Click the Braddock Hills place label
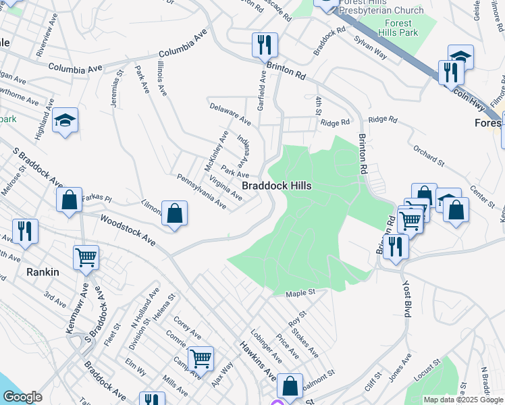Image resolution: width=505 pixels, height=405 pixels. tap(277, 185)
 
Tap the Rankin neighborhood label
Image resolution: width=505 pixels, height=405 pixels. tap(45, 272)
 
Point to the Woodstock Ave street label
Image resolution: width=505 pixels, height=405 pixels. tap(128, 231)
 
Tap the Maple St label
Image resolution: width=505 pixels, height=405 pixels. tap(301, 293)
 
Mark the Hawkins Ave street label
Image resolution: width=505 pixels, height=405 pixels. tap(257, 359)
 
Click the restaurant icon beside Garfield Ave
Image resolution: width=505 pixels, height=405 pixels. tap(264, 45)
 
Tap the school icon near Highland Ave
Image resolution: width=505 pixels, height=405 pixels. tap(65, 120)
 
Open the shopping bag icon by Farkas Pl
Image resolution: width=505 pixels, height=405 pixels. tap(69, 200)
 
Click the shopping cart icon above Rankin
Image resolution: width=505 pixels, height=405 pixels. tap(86, 257)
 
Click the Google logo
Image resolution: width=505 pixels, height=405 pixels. tap(23, 397)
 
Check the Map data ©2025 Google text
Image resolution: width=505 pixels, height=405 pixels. tap(463, 400)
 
